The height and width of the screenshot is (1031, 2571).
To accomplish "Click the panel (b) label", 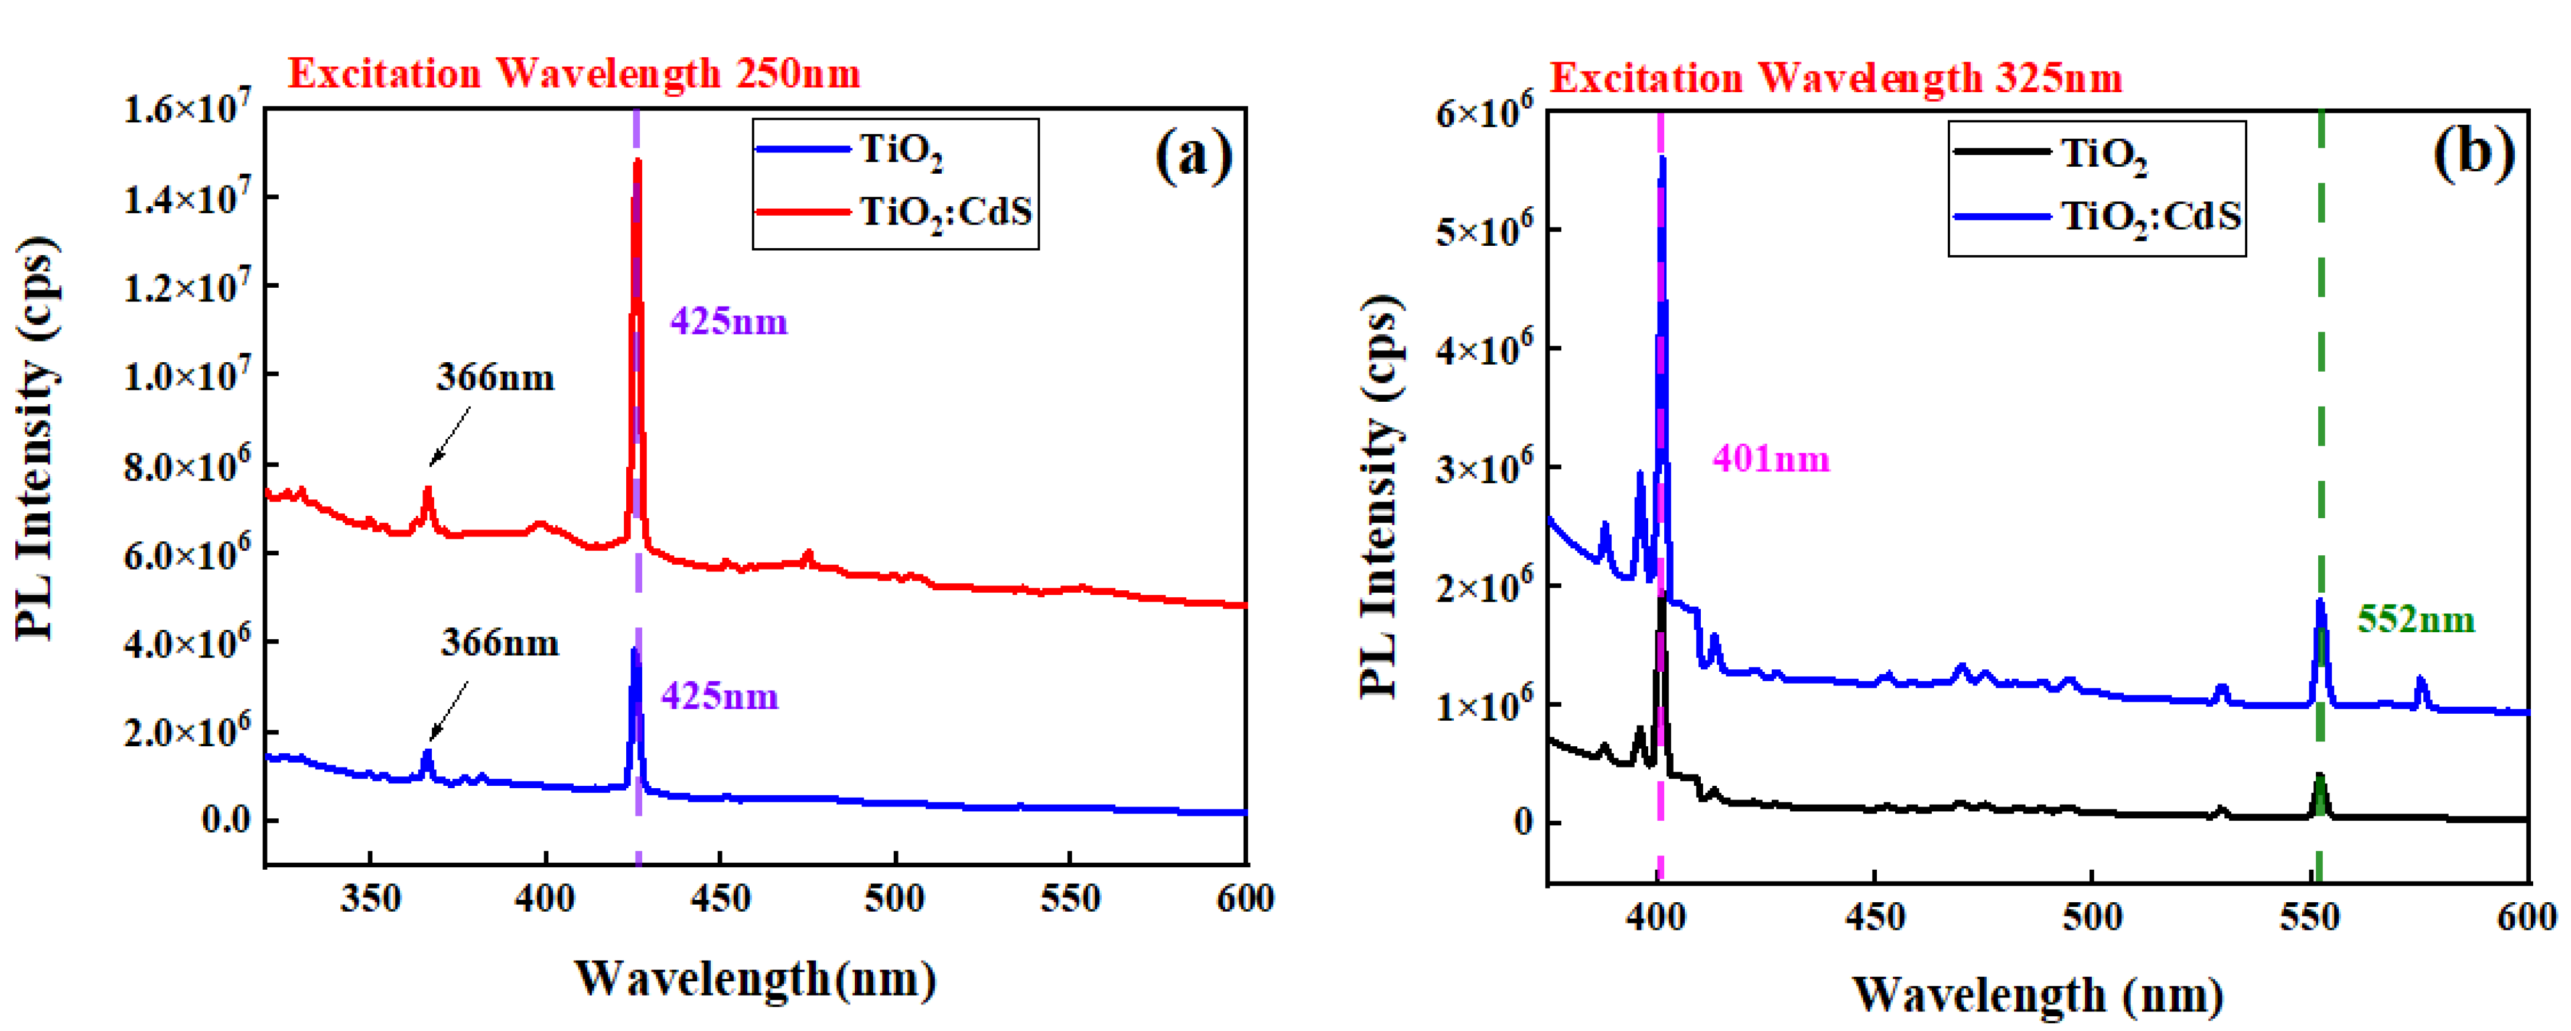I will [x=2472, y=155].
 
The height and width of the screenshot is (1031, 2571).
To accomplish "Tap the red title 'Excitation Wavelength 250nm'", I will [x=574, y=74].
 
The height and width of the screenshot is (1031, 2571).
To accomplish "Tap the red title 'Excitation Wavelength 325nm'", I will [x=1834, y=78].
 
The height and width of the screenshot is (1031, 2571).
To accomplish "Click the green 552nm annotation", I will [x=2415, y=620].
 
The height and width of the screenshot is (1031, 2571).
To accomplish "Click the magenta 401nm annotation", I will [x=1771, y=459].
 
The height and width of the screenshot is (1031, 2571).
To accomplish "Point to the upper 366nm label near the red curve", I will [x=495, y=378].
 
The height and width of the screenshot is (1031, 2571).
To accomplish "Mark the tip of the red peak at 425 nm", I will [x=637, y=162].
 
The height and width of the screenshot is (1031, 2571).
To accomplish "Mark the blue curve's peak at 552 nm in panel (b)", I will [x=2319, y=602].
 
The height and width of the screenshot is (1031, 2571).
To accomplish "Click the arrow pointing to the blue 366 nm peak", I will [x=449, y=711].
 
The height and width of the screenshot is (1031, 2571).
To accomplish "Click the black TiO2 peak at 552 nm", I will [x=2319, y=779].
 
